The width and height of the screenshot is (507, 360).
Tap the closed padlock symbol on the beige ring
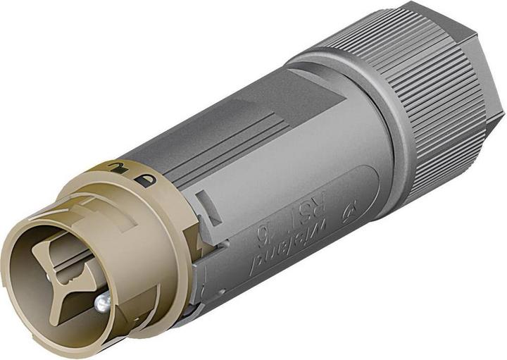point(145,180)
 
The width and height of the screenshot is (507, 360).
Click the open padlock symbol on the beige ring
point(113,167)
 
